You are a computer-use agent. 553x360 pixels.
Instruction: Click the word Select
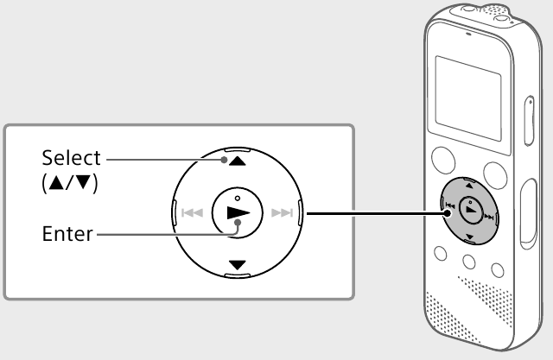71,158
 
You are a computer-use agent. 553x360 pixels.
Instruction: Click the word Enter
67,234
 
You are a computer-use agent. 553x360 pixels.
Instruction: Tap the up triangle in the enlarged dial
238,161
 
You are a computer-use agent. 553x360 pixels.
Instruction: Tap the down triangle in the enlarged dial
238,265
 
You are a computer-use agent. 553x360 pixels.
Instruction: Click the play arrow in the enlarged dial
238,212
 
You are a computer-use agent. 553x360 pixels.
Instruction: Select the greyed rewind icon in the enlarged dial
192,212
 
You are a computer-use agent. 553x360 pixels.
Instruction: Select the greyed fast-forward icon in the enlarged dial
283,212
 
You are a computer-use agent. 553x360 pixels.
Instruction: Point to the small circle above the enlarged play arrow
238,199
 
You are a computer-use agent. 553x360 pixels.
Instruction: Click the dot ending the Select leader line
224,160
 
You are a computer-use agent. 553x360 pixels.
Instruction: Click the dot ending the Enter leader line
238,223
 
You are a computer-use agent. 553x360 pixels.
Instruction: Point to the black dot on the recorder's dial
448,213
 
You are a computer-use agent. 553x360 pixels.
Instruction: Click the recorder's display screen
468,98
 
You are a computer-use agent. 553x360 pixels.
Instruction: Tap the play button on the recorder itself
471,211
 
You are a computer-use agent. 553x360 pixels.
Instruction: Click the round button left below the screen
443,161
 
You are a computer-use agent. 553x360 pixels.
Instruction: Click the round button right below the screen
495,175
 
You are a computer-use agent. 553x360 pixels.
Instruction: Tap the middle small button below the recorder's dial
469,262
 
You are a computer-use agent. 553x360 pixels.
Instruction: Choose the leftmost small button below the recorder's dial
441,253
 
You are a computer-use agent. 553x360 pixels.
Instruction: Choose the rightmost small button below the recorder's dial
498,270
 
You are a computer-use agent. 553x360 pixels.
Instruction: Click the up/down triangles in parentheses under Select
69,183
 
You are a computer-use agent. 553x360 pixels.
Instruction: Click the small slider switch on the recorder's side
529,121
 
